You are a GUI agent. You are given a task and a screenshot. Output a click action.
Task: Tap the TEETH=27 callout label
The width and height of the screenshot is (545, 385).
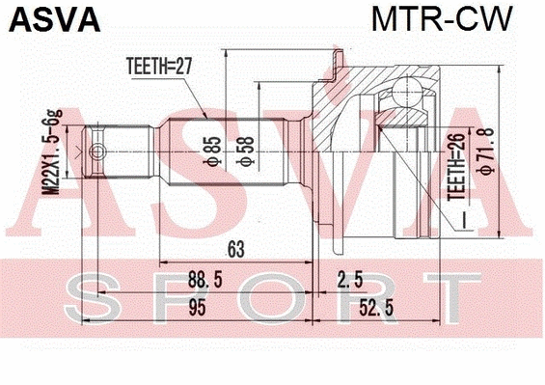162,67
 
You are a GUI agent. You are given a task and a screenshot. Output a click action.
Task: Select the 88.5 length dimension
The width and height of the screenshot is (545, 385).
201,282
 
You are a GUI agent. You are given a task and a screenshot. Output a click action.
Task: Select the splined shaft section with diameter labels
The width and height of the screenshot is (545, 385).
227,151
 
